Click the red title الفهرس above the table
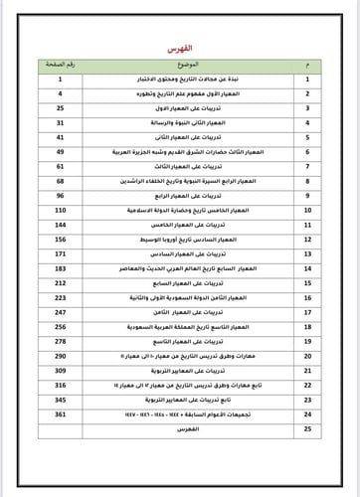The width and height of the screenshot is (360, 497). [180, 48]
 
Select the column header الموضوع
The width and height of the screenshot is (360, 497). [180, 63]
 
